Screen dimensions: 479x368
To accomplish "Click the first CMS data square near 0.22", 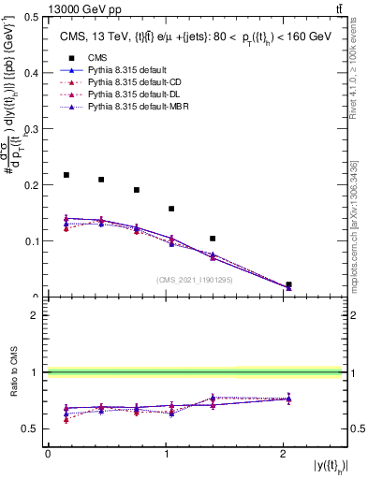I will click(x=66, y=175).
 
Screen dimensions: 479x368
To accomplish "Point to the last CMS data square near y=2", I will click(x=288, y=284).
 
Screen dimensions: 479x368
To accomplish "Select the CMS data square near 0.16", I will click(x=171, y=209).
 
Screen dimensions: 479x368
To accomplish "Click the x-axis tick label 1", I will click(x=166, y=454).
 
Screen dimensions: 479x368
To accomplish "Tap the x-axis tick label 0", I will click(x=48, y=454).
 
